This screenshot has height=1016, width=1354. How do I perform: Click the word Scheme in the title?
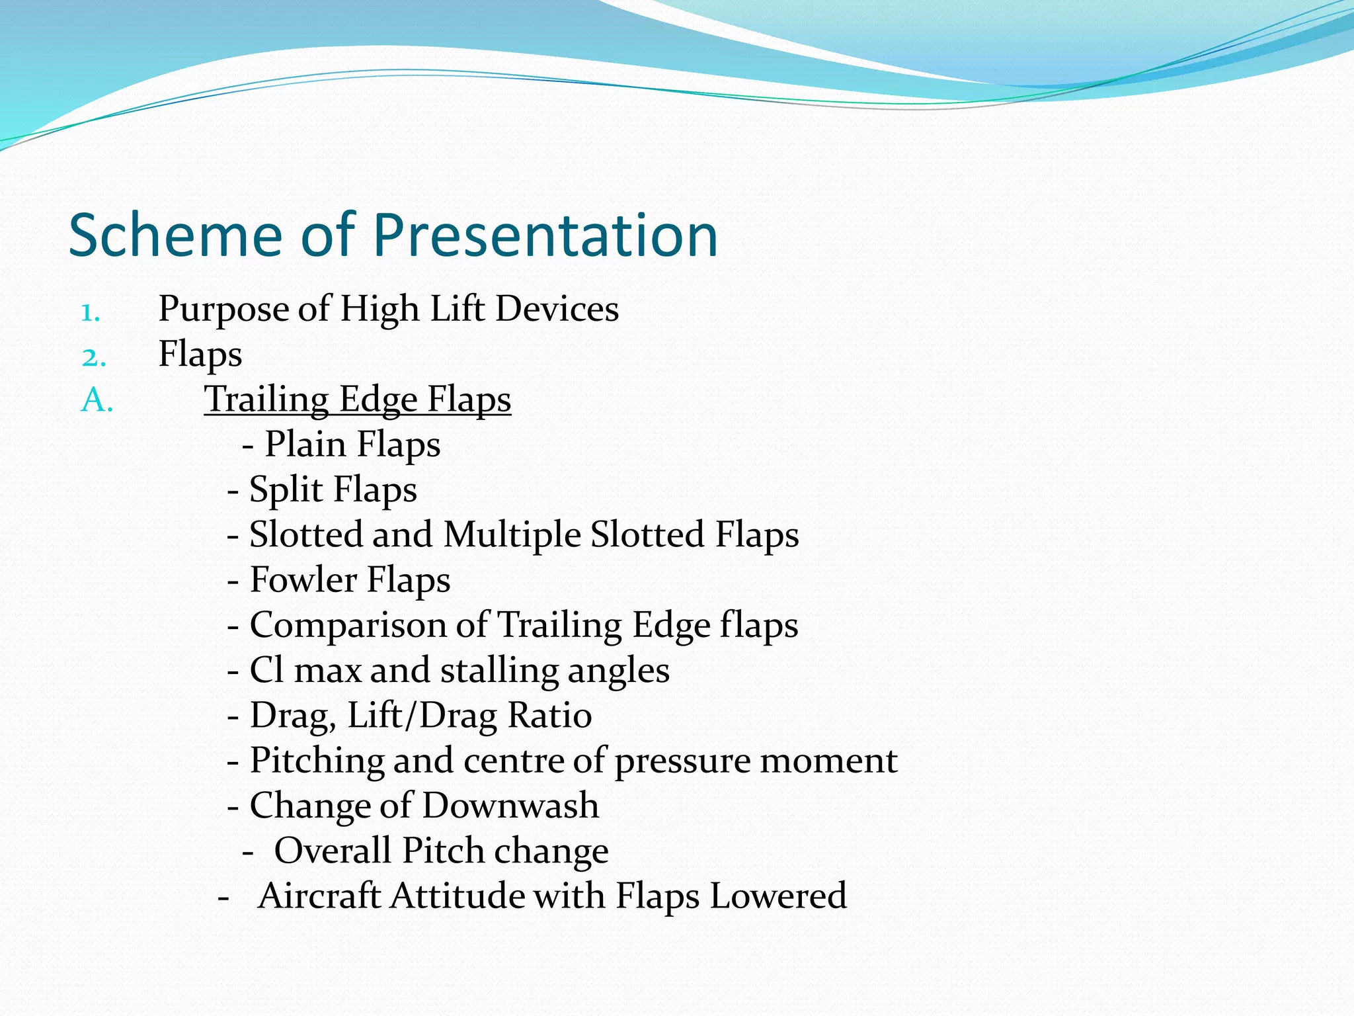click(175, 235)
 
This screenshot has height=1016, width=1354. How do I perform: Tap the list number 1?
click(91, 312)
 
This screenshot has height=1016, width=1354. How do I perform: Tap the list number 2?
click(93, 357)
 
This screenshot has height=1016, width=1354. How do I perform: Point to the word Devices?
click(557, 309)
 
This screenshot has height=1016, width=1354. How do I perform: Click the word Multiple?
click(512, 534)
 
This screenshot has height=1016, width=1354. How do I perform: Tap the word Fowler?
click(303, 580)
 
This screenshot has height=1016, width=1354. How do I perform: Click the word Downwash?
click(510, 806)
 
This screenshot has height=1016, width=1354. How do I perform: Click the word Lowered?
click(777, 896)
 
